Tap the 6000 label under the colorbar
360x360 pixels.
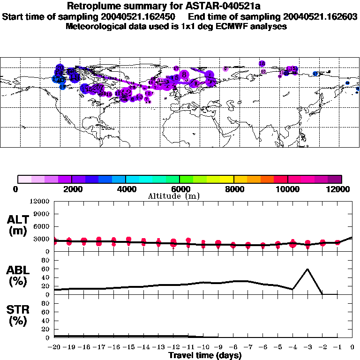tap(180, 189)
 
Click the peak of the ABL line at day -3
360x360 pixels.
tap(307, 269)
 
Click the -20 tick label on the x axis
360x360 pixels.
tap(54, 347)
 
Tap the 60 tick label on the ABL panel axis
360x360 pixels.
tap(45, 269)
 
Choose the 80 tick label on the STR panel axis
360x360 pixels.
tap(45, 304)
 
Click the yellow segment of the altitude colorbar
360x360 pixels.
tap(227, 179)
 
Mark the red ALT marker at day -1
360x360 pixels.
tap(337, 242)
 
